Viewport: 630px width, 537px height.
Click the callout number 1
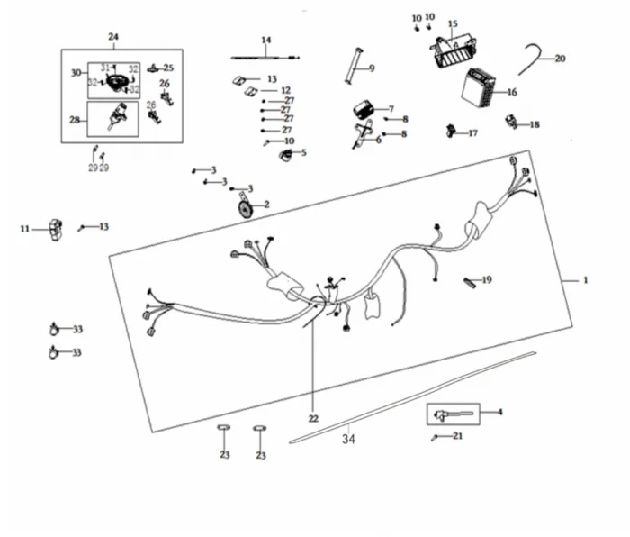pos(585,280)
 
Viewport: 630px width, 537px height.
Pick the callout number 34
pos(348,441)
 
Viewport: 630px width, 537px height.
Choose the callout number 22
pos(313,419)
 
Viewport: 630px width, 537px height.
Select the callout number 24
pos(113,37)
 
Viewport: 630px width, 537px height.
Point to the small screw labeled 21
pos(436,438)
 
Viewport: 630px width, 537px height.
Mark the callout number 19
pos(487,280)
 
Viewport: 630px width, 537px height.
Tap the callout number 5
pos(303,152)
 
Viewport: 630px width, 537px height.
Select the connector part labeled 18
pos(512,122)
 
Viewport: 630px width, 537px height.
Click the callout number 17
pos(473,133)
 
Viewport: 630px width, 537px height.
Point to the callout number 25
pos(168,68)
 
